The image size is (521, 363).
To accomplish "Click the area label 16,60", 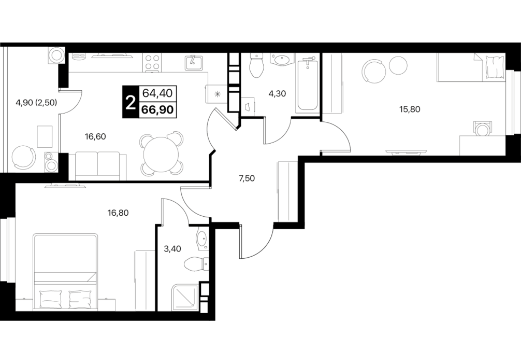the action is tap(95, 136).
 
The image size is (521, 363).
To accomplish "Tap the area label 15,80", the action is tap(410, 109).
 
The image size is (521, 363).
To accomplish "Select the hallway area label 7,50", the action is tap(247, 178).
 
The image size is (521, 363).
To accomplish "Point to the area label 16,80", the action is tap(118, 212).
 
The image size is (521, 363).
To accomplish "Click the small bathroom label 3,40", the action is tap(173, 248).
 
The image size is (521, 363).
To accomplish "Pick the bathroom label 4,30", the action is tap(277, 94).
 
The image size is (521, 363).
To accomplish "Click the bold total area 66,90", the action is tap(158, 109).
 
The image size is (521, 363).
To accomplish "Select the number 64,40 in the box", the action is tap(157, 93).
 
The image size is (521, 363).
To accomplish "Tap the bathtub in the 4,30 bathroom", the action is tap(307, 85).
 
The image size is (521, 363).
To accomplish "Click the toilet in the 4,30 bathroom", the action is tap(256, 65).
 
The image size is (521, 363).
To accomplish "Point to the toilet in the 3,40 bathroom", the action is tap(196, 264).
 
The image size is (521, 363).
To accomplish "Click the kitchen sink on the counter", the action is tap(194, 63).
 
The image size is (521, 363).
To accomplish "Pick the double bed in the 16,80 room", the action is tap(66, 273).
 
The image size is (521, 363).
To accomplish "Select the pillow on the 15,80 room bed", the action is tap(494, 67).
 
